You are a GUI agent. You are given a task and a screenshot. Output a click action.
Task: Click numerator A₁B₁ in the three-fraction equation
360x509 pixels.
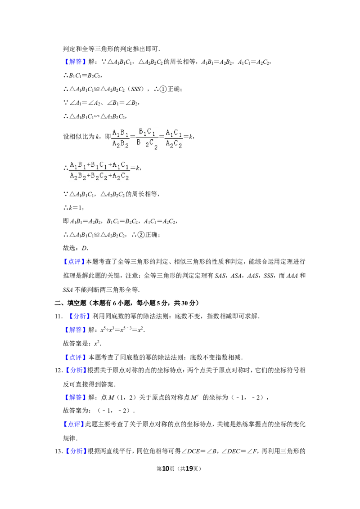[x=120, y=133]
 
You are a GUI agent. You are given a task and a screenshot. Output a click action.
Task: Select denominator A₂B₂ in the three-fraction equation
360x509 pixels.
[x=120, y=144]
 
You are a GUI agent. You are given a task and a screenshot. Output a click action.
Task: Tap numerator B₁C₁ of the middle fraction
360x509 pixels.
[x=147, y=132]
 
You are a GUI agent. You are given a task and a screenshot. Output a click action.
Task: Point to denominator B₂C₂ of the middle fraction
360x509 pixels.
[x=147, y=144]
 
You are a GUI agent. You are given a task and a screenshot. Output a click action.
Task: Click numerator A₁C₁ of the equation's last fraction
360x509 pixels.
[x=174, y=133]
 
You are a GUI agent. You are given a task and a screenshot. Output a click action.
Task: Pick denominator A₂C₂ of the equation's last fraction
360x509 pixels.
[x=174, y=144]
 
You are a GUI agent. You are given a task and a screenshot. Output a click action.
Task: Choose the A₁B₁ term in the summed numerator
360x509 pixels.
[x=78, y=165]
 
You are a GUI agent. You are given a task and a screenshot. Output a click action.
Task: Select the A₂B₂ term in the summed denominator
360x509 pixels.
[x=78, y=177]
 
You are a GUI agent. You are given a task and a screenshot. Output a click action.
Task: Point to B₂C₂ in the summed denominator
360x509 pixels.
[x=99, y=177]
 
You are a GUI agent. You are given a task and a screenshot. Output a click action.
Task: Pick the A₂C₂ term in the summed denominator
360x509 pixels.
[x=121, y=177]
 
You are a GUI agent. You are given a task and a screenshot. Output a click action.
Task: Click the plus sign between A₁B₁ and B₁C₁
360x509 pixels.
[x=88, y=165]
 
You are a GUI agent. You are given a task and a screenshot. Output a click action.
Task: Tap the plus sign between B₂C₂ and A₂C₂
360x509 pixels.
[x=110, y=177]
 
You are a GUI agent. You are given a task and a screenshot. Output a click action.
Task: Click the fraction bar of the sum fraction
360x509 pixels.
[x=100, y=171]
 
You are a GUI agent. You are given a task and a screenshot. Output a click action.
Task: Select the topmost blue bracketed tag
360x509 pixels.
[x=75, y=62]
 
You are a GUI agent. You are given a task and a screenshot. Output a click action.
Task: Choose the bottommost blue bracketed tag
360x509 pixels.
[x=75, y=451]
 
